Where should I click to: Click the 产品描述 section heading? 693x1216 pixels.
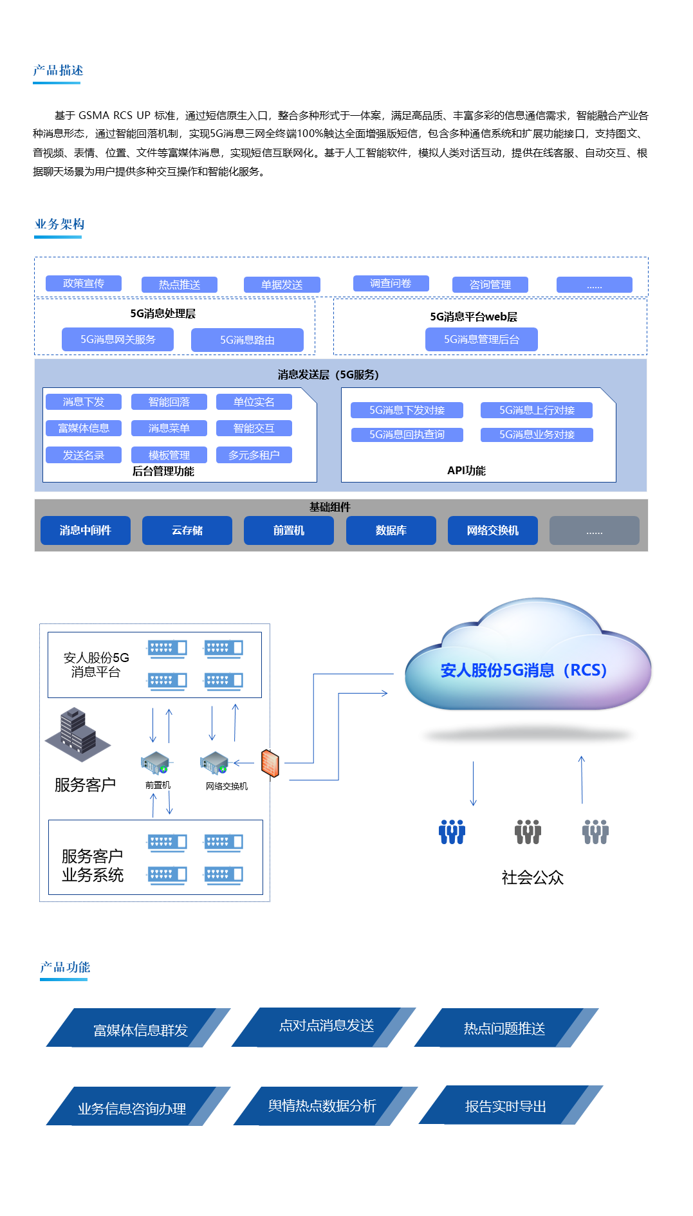[58, 71]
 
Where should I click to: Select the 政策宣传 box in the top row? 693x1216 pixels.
[84, 284]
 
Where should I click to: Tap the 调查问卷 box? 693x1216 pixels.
[391, 284]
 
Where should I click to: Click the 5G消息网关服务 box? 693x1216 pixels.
[118, 339]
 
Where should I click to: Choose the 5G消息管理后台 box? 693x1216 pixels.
[481, 339]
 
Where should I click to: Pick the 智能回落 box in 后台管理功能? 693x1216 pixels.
[169, 402]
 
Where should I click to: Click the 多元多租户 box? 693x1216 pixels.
[254, 455]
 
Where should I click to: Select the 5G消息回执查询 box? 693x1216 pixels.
[407, 435]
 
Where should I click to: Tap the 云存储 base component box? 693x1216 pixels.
[187, 531]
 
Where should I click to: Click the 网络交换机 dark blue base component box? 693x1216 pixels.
[492, 531]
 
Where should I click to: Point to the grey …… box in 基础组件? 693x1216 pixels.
[594, 531]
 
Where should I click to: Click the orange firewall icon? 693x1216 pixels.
[270, 764]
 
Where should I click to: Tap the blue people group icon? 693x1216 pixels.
[452, 832]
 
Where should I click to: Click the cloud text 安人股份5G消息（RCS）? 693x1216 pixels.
[524, 670]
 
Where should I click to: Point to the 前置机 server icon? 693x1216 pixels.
[155, 764]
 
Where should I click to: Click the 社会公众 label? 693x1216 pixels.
[532, 878]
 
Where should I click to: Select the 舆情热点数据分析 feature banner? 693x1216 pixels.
[322, 1106]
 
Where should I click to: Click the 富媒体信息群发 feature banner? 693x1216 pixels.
[140, 1030]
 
